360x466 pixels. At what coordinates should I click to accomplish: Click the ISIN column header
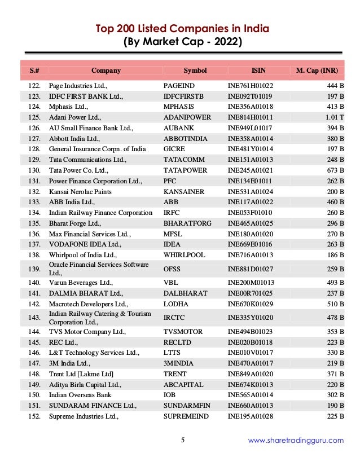pyautogui.click(x=258, y=71)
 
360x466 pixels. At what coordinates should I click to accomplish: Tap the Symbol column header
pyautogui.click(x=195, y=71)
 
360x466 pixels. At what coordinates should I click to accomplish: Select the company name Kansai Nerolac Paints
pyautogui.click(x=80, y=192)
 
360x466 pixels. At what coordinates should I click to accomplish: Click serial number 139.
pyautogui.click(x=34, y=269)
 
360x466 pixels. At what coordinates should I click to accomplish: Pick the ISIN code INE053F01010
pyautogui.click(x=249, y=213)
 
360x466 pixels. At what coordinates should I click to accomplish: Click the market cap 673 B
pyautogui.click(x=336, y=170)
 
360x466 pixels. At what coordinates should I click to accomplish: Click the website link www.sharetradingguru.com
pyautogui.click(x=296, y=441)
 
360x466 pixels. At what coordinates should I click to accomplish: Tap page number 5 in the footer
pyautogui.click(x=182, y=441)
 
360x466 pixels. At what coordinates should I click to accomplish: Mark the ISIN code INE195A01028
pyautogui.click(x=250, y=416)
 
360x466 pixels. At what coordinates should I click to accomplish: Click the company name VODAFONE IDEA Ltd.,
pyautogui.click(x=85, y=244)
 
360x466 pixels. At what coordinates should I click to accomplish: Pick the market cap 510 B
pyautogui.click(x=336, y=304)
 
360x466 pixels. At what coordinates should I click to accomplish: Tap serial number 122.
pyautogui.click(x=34, y=86)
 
